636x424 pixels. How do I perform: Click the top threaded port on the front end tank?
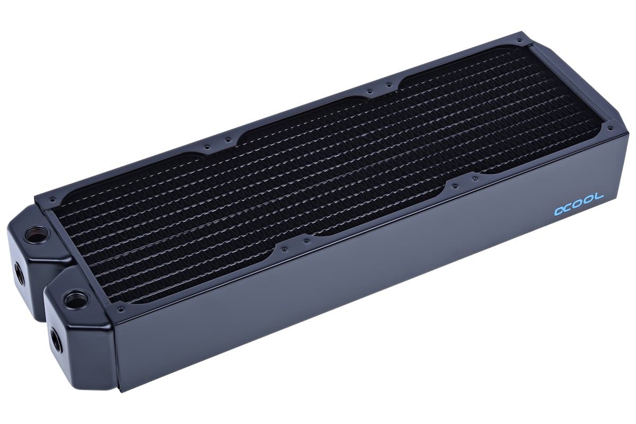pyautogui.click(x=76, y=298)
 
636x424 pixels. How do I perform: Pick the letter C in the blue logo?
pyautogui.click(x=572, y=207)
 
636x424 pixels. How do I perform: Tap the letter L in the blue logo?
pyautogui.click(x=599, y=198)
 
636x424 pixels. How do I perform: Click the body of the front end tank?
pyautogui.click(x=85, y=339)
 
